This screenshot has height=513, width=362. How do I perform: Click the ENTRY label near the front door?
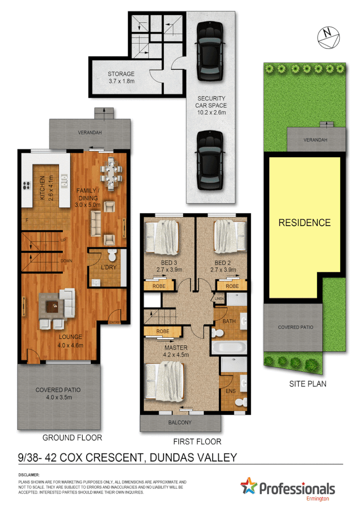point(115,322)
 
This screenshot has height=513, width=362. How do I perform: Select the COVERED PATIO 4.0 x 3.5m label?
point(58,393)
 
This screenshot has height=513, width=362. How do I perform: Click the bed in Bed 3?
point(164,236)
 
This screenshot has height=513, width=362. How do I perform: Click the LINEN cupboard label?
point(219,299)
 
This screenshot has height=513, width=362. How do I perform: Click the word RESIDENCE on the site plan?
point(304,223)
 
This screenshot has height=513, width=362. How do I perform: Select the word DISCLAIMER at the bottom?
point(29,475)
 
